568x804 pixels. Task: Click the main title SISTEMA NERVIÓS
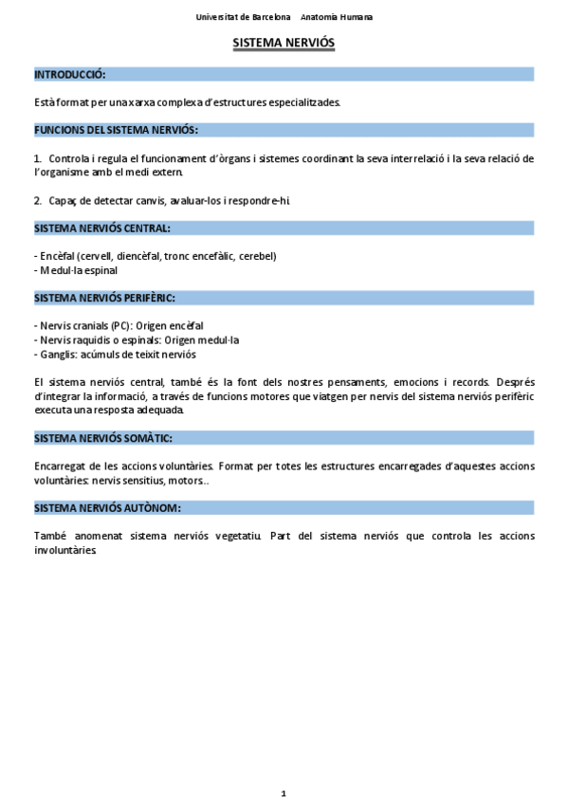pos(284,44)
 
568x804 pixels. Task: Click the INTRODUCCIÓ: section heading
pos(69,74)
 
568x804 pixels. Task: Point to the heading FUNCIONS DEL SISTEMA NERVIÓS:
pos(116,130)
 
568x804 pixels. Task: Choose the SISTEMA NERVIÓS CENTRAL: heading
pos(102,228)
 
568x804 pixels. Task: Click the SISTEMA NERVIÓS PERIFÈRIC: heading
pos(104,298)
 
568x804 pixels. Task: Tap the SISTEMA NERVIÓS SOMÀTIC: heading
pos(102,438)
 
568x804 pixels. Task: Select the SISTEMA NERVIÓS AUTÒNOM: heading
pos(106,508)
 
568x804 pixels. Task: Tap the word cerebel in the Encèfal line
pos(257,256)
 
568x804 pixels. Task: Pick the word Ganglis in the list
pos(60,354)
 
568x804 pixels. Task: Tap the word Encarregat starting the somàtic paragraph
pos(63,466)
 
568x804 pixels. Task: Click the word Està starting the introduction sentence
pos(44,101)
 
